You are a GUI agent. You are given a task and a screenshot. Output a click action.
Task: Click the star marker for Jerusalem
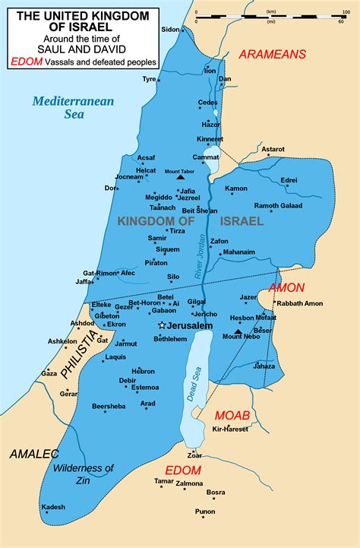pyautogui.click(x=161, y=325)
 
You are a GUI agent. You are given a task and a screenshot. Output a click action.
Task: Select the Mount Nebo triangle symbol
pyautogui.click(x=238, y=332)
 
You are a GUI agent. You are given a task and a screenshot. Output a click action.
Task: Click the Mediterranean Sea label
pyautogui.click(x=62, y=107)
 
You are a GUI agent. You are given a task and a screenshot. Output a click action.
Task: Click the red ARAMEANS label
pyautogui.click(x=272, y=54)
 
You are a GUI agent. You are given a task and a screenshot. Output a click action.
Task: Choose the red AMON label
pyautogui.click(x=286, y=288)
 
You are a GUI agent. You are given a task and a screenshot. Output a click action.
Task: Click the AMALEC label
pyautogui.click(x=34, y=454)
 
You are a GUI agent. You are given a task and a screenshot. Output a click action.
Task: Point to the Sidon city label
pyautogui.click(x=170, y=29)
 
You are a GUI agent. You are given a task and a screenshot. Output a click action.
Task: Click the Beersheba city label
pyautogui.click(x=109, y=407)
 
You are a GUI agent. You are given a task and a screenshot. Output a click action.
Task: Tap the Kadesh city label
pyautogui.click(x=53, y=507)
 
